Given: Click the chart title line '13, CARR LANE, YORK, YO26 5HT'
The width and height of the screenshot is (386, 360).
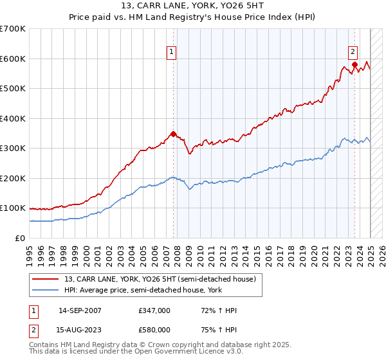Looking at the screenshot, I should coord(192,6).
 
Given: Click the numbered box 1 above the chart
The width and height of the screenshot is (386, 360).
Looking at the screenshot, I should coord(172,53).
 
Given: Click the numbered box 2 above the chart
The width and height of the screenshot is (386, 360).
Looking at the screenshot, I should coord(353,53).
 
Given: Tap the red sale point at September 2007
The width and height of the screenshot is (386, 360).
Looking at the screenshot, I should coord(173,134).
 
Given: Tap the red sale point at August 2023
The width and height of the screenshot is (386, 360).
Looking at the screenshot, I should coord(354,64).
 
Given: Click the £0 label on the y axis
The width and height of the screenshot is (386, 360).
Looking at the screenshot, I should coord(21,238).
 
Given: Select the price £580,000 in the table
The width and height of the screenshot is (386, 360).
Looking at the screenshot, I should coord(154,330).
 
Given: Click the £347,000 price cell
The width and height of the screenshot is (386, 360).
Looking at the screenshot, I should coord(154,311).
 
